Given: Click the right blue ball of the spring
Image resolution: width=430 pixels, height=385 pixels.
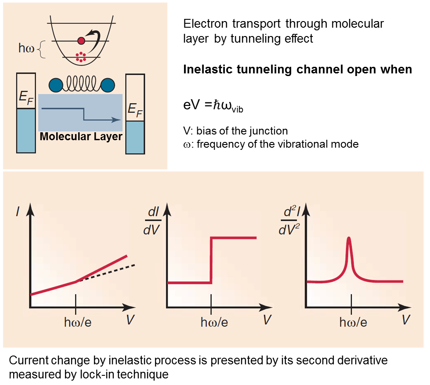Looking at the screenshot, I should [108, 85].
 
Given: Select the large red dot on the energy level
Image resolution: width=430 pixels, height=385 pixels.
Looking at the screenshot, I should [80, 41].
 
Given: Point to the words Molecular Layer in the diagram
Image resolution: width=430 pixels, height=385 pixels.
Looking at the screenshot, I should [81, 137].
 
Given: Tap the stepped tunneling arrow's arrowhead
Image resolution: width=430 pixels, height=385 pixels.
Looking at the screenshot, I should [117, 119].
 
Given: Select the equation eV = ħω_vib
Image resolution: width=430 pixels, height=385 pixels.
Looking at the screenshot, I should [213, 105].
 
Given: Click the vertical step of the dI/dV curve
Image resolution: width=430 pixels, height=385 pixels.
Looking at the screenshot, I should [211, 260].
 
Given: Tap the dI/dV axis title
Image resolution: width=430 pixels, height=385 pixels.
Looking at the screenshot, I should [154, 221].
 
